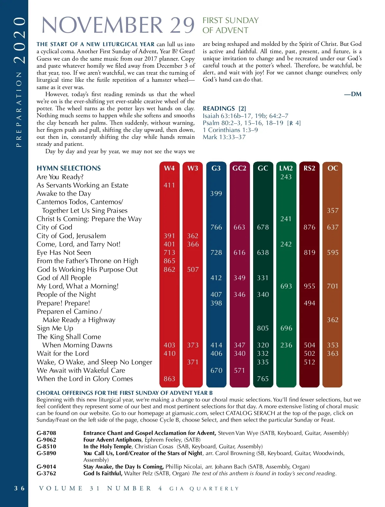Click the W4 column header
(169, 168)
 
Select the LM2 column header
(286, 168)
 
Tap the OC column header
(333, 168)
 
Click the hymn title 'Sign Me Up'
(55, 328)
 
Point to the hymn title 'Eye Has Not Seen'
(64, 253)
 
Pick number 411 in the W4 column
(169, 185)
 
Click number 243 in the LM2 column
(286, 177)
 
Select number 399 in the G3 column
(216, 194)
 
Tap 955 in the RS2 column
(309, 286)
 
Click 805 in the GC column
(263, 328)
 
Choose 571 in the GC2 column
(239, 370)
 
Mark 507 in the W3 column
(193, 270)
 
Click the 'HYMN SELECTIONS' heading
(69, 168)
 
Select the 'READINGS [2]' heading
(224, 109)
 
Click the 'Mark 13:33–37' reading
(224, 137)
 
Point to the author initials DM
(353, 94)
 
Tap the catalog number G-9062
(46, 440)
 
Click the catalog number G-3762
(46, 473)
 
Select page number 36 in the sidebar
(19, 488)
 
